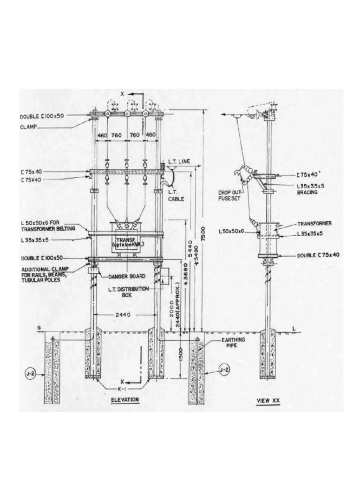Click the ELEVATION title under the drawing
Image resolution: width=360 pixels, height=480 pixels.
125,399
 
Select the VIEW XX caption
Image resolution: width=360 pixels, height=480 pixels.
270,401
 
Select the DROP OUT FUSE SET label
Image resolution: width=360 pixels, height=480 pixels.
229,195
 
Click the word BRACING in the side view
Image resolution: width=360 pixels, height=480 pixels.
307,192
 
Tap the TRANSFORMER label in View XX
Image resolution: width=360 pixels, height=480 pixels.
315,224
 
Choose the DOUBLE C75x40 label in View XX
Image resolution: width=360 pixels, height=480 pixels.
318,255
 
